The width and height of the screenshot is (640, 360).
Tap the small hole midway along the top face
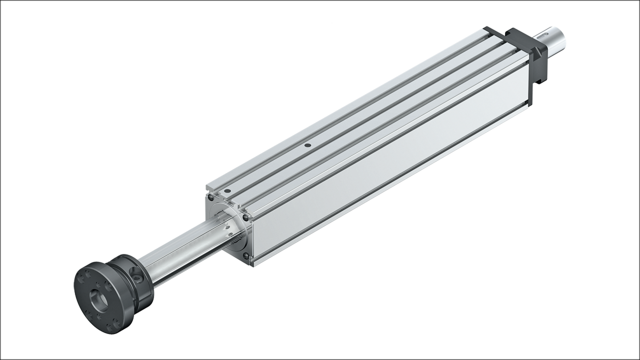[x=307, y=145]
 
